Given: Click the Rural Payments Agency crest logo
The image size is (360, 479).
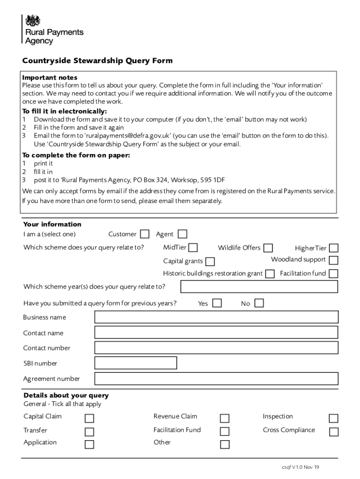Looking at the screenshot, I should click(33, 21).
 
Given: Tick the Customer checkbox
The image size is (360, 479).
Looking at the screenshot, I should click(145, 234).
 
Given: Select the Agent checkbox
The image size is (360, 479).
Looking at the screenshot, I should click(182, 234).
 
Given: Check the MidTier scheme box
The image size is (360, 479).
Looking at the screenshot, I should click(193, 247).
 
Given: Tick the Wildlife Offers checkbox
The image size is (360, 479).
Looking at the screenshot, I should click(268, 248).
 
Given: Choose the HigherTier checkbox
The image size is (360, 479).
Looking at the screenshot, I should click(334, 248).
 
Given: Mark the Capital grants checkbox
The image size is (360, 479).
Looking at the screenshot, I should click(210, 261).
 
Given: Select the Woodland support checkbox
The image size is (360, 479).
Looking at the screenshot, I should click(334, 260).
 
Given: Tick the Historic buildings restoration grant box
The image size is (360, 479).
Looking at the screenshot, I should click(270, 274).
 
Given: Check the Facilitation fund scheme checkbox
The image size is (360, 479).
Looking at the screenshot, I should click(334, 274).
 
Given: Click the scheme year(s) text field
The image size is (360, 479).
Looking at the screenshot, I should click(259, 286).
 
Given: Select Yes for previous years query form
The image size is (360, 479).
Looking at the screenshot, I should click(217, 303).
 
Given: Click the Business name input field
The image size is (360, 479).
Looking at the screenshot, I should click(216, 317).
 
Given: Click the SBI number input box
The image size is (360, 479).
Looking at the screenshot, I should click(136, 363).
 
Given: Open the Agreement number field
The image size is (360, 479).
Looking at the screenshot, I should click(216, 378).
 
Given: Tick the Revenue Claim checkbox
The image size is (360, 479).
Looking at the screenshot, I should click(225, 418).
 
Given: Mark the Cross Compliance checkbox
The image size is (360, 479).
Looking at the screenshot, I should click(334, 432).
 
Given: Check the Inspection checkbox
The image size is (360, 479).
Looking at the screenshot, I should click(334, 418).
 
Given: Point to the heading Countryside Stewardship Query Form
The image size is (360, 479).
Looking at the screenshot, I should click(98, 61).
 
